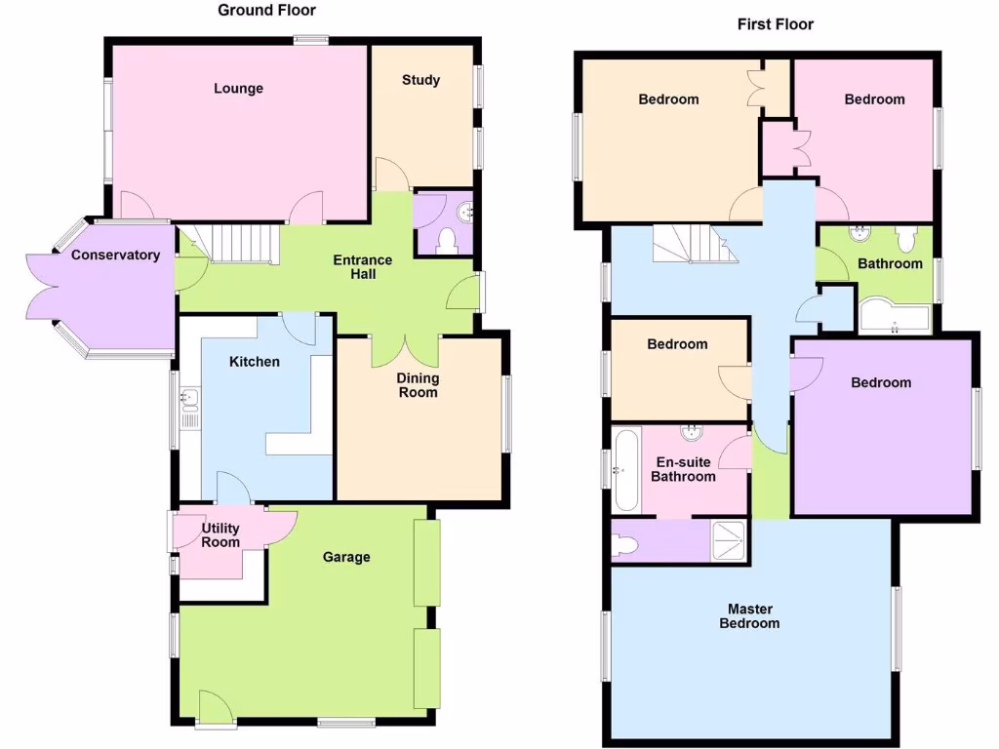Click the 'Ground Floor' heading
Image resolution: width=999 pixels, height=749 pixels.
coord(266,10)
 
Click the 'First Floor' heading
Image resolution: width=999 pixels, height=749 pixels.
coord(775,23)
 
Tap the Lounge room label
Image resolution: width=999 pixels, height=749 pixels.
coord(238,89)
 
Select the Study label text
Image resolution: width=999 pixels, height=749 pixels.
coord(420,80)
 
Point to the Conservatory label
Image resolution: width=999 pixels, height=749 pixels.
coord(115,256)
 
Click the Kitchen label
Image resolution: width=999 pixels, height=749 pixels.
coord(254,362)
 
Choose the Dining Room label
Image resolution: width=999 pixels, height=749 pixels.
coord(418,385)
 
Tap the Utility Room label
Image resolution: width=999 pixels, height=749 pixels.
coord(220,535)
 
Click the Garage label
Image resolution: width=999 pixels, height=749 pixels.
coord(346,557)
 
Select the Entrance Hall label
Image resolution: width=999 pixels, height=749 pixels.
coord(363,267)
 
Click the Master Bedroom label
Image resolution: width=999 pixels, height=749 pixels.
coord(749,616)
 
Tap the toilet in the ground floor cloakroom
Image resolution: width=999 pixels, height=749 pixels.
coord(447,239)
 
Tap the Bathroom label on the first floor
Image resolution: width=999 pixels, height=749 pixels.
coord(890,263)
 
